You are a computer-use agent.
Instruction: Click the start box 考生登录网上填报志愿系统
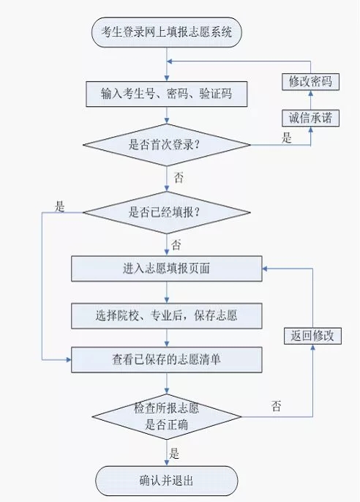tap(166, 32)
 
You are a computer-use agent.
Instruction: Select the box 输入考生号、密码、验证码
tap(166, 94)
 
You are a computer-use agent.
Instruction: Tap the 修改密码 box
tap(310, 82)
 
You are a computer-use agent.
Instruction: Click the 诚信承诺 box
tap(310, 118)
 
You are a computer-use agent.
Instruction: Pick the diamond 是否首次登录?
tap(166, 145)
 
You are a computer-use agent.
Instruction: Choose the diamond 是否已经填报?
tap(166, 212)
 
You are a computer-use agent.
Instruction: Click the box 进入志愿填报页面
tap(166, 269)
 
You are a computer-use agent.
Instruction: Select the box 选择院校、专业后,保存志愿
tap(166, 316)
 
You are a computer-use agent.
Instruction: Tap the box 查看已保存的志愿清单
tap(166, 359)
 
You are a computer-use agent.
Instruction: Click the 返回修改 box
tap(312, 336)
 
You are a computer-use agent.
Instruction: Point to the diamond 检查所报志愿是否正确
tap(166, 416)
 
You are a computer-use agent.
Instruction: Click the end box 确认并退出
tap(166, 481)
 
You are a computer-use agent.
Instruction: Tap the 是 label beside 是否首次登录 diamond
tap(287, 138)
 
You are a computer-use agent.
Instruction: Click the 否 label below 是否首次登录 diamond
tap(179, 177)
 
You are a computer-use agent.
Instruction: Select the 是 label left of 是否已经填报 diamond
tap(59, 206)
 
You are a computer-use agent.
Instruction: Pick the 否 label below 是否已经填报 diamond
tap(176, 245)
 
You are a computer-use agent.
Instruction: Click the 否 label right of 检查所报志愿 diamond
tap(277, 406)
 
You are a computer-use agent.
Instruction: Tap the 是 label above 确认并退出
tap(174, 454)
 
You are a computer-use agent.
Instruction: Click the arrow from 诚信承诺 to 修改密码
tap(310, 100)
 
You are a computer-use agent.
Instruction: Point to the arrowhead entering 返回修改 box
tap(312, 347)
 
